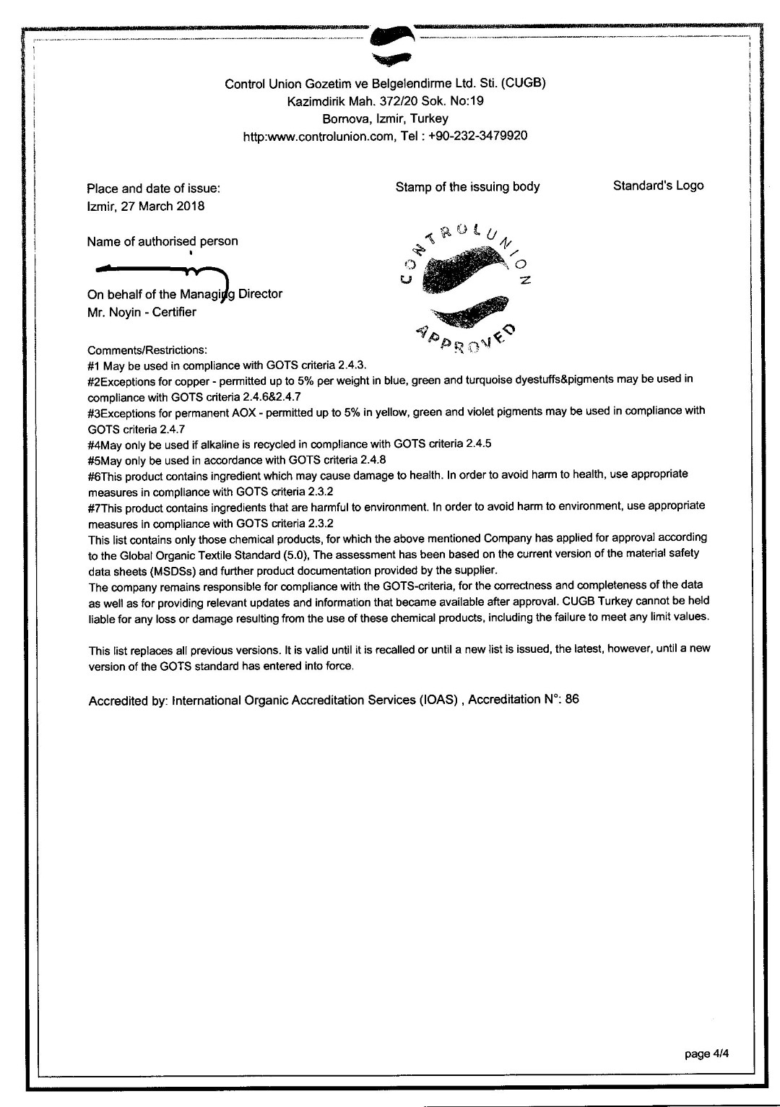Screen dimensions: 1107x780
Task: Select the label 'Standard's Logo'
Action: click(x=658, y=186)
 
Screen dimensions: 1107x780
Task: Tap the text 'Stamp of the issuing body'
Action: click(x=467, y=187)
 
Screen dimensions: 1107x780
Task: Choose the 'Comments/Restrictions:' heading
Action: click(x=147, y=350)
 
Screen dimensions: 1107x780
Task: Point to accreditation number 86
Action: click(x=572, y=699)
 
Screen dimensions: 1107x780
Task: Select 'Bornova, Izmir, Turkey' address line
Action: click(x=385, y=118)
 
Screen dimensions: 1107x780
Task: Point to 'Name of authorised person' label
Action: click(x=162, y=241)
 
